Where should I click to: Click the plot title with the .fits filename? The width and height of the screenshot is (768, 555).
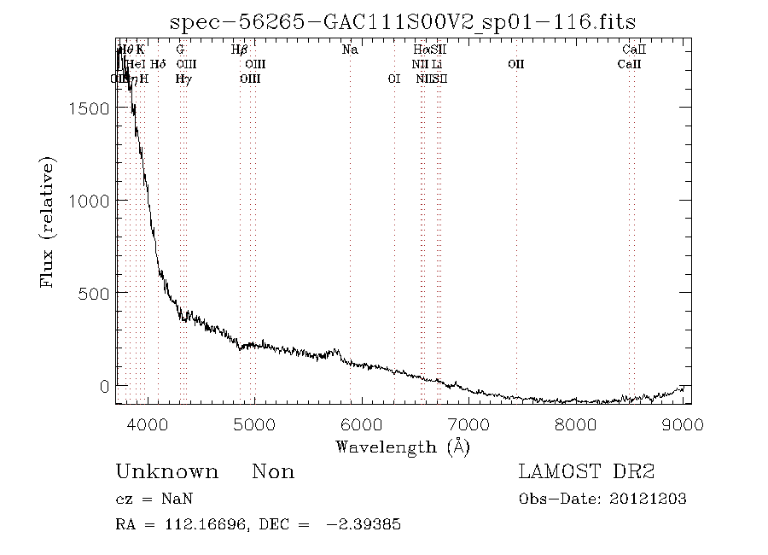403,21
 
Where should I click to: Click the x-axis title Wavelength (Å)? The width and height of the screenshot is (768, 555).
403,446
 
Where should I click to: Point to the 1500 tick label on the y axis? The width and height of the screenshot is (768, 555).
88,108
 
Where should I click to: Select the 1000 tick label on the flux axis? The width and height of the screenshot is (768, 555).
88,200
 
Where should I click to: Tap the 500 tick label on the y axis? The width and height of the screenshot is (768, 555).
92,292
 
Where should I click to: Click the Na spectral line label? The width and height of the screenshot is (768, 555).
350,50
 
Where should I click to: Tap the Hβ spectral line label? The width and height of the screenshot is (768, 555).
240,50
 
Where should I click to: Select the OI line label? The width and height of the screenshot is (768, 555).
393,79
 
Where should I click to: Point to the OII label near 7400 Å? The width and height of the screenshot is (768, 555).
515,64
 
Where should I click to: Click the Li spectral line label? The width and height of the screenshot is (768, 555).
436,64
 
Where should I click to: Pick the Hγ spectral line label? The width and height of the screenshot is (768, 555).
183,79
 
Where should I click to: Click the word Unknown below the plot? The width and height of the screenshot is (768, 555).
166,472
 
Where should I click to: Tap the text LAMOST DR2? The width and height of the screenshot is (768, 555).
586,472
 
